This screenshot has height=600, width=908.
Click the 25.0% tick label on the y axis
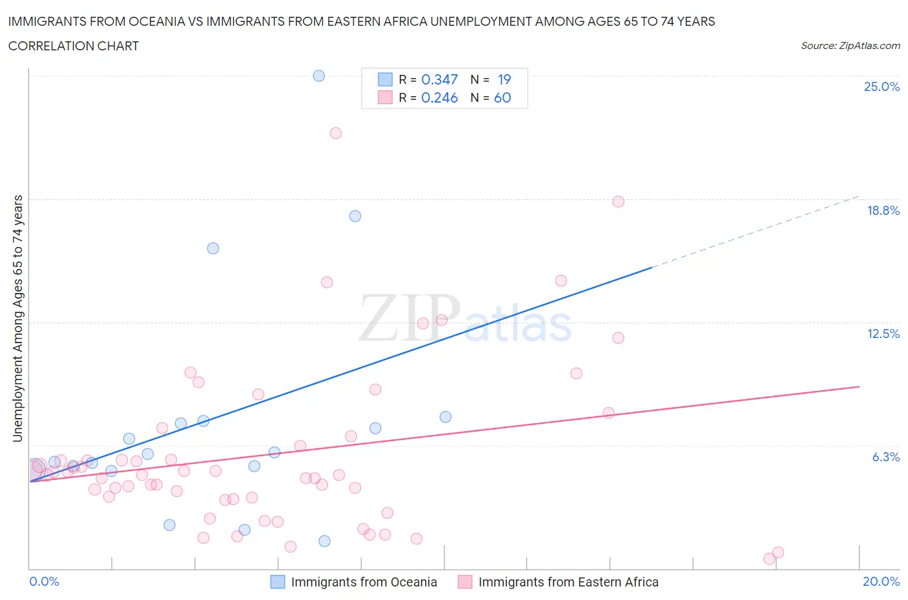(x=882, y=87)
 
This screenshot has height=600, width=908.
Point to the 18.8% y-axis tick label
(x=883, y=210)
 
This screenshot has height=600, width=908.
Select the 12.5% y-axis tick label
(x=883, y=334)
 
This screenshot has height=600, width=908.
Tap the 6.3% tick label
(x=885, y=457)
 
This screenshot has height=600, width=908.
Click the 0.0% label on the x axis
(x=45, y=581)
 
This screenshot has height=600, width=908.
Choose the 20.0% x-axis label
(x=881, y=581)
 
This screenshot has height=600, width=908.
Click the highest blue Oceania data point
(x=319, y=75)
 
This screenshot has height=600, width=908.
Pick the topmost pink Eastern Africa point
(x=336, y=133)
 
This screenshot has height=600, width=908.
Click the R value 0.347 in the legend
(x=439, y=79)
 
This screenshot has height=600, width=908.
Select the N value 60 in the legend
(x=502, y=97)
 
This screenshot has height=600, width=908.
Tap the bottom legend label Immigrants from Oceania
(x=364, y=582)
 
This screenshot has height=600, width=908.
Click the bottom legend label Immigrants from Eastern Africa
(x=568, y=582)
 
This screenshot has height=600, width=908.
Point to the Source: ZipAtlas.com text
(x=850, y=46)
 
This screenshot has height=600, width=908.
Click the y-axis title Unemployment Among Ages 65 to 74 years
(x=18, y=318)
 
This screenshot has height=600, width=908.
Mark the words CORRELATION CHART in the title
(x=74, y=46)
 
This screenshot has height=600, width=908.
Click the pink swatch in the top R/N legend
(x=385, y=97)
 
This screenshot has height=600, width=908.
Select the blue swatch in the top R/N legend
(x=385, y=79)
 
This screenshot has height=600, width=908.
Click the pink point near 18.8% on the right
(x=618, y=201)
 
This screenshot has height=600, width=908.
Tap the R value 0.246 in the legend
(x=439, y=97)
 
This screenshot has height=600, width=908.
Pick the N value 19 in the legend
(x=504, y=79)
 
